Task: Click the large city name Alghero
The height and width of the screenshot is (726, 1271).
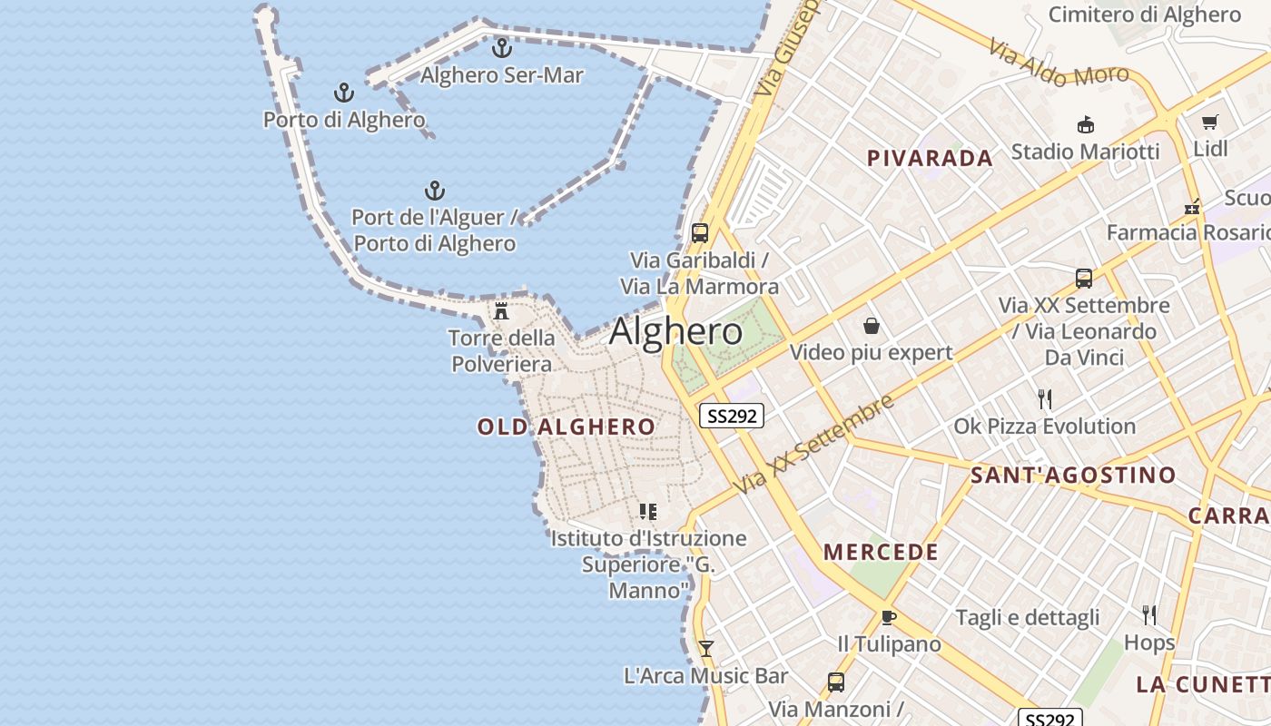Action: point(675,331)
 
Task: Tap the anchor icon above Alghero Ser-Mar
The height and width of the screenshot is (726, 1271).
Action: point(501,47)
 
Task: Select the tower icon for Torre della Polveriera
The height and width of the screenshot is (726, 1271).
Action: point(501,310)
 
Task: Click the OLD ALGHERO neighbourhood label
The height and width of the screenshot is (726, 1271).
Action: point(567,427)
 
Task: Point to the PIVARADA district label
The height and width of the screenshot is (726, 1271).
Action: point(930,158)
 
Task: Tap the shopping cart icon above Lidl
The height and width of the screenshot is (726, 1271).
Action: point(1209,122)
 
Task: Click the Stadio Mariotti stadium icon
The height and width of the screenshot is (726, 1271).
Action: point(1085,124)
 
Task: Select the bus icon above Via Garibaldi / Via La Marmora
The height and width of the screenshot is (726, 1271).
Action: point(699,232)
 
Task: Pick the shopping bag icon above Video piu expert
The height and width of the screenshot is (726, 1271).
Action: point(872,325)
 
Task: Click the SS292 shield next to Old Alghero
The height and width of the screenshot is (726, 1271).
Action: point(732,416)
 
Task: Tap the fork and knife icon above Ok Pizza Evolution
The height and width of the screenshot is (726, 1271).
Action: point(1044,398)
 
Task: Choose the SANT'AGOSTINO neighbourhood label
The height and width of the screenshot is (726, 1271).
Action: point(1073,475)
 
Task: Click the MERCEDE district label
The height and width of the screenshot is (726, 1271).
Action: point(881,552)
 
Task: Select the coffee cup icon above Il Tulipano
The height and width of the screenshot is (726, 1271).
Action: point(888,617)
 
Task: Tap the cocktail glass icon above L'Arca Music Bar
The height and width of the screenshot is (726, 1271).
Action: point(705,648)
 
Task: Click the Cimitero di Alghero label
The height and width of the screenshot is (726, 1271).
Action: point(1144,15)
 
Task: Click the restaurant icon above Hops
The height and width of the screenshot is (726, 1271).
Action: point(1148,615)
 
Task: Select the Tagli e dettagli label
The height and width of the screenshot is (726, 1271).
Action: point(1027,618)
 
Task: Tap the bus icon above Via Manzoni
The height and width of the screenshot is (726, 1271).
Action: point(835,682)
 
